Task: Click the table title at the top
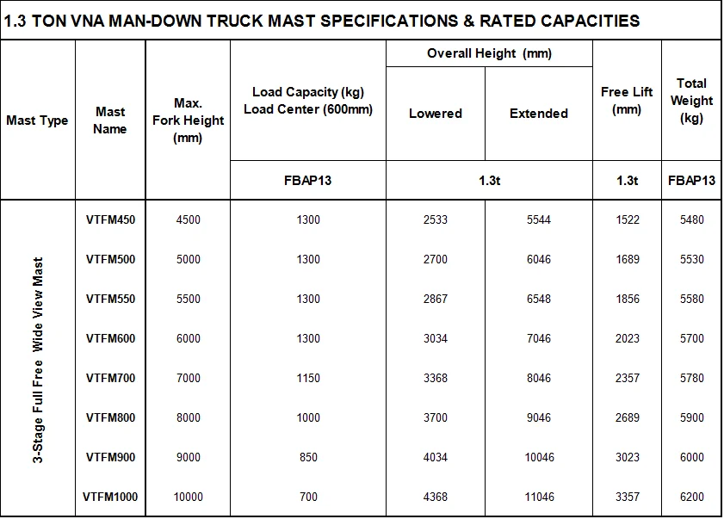click(x=323, y=21)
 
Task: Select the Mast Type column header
click(x=37, y=120)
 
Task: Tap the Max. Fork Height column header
click(x=188, y=120)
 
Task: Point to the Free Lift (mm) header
click(x=627, y=101)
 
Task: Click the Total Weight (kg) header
click(x=691, y=101)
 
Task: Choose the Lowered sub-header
click(x=436, y=114)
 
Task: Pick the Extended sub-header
click(x=539, y=114)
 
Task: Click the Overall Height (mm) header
click(x=489, y=53)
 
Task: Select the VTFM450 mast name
click(x=110, y=219)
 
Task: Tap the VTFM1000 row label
click(x=110, y=497)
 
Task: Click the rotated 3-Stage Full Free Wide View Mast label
click(x=38, y=358)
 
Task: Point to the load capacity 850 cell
click(x=308, y=457)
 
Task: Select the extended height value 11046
click(x=539, y=497)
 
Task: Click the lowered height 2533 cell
click(x=436, y=219)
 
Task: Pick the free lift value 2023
click(x=628, y=338)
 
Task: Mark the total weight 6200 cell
click(x=691, y=497)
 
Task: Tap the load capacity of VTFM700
click(x=308, y=378)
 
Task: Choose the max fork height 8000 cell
click(x=188, y=417)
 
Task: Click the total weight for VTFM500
click(x=691, y=259)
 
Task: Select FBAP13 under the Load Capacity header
click(x=308, y=181)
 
